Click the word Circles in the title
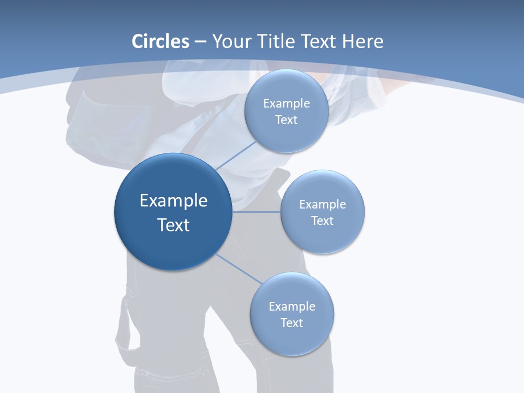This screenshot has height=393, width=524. (x=160, y=41)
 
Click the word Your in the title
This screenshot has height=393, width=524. (x=231, y=41)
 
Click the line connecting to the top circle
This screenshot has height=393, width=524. (x=236, y=155)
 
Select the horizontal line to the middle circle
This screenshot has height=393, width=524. (x=257, y=212)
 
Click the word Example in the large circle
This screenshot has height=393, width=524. (x=174, y=201)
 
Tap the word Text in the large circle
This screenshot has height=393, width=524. (x=174, y=225)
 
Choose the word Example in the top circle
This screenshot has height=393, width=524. (x=286, y=103)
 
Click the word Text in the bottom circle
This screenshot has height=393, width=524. (x=291, y=323)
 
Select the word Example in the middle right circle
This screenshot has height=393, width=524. (x=323, y=204)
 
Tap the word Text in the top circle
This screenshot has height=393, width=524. (x=286, y=120)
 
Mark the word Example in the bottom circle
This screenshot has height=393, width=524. (x=291, y=306)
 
